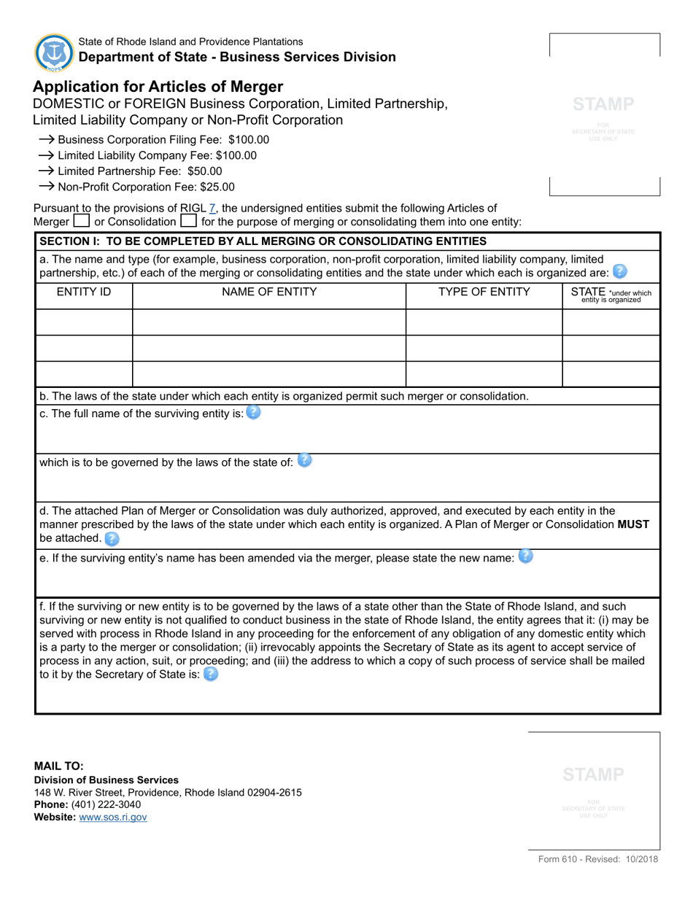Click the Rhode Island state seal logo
pyautogui.click(x=53, y=52)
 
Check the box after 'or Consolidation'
pyautogui.click(x=188, y=221)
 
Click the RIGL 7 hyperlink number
pyautogui.click(x=212, y=209)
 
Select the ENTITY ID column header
pyautogui.click(x=84, y=292)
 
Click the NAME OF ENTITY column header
pyautogui.click(x=269, y=292)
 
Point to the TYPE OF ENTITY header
pyautogui.click(x=484, y=292)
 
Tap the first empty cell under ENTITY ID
pyautogui.click(x=84, y=322)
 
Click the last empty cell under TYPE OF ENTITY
pyautogui.click(x=484, y=373)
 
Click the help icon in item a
pyautogui.click(x=619, y=272)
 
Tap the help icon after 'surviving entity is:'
pyautogui.click(x=253, y=413)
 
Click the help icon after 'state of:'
pyautogui.click(x=305, y=461)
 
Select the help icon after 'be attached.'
pyautogui.click(x=111, y=538)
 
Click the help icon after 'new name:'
pyautogui.click(x=525, y=556)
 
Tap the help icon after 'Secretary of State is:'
pyautogui.click(x=210, y=674)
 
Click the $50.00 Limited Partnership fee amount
pyautogui.click(x=207, y=171)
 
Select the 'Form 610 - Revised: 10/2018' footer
pyautogui.click(x=598, y=859)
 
